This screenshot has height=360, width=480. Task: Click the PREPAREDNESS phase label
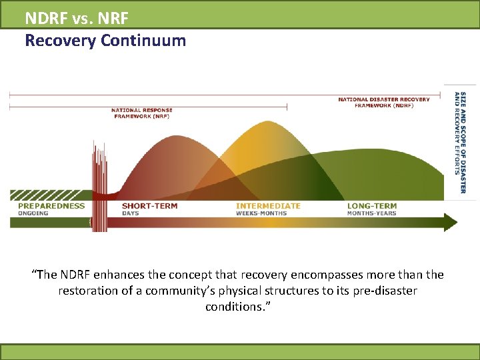(51, 206)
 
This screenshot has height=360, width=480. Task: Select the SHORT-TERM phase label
(149, 206)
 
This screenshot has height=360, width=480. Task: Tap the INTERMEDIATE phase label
(268, 206)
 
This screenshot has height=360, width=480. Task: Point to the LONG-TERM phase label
(372, 206)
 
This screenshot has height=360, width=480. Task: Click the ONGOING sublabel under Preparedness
(33, 213)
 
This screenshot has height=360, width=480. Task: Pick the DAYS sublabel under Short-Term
(131, 213)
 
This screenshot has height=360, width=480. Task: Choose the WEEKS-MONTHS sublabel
(261, 213)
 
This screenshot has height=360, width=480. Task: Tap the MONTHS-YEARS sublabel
(371, 213)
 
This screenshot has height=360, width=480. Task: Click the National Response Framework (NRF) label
(141, 113)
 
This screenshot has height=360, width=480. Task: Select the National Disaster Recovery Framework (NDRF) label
(383, 103)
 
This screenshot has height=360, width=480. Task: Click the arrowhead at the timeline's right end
(451, 222)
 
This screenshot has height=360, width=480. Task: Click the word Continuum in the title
(143, 41)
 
